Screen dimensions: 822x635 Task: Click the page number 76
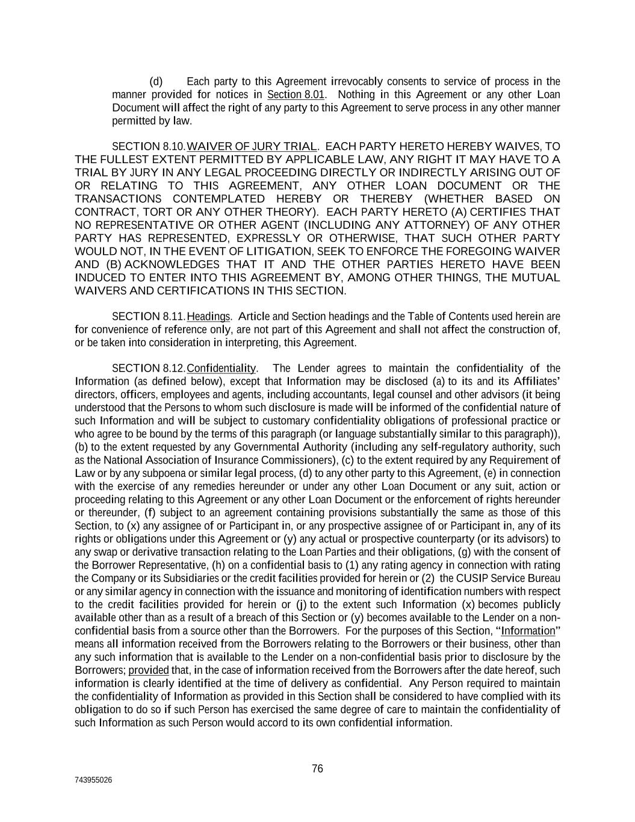(317, 768)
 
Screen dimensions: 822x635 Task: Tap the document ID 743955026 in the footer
(93, 780)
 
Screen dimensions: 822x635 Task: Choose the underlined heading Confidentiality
(221, 368)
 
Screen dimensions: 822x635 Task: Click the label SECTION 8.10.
(149, 146)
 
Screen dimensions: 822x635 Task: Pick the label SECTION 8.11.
(149, 316)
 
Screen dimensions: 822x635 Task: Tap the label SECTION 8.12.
(149, 368)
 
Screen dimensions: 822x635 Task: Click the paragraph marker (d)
(156, 81)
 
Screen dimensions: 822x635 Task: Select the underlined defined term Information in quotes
(528, 631)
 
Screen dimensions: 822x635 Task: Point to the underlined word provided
(149, 670)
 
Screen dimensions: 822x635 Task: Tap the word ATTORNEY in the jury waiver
(416, 225)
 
